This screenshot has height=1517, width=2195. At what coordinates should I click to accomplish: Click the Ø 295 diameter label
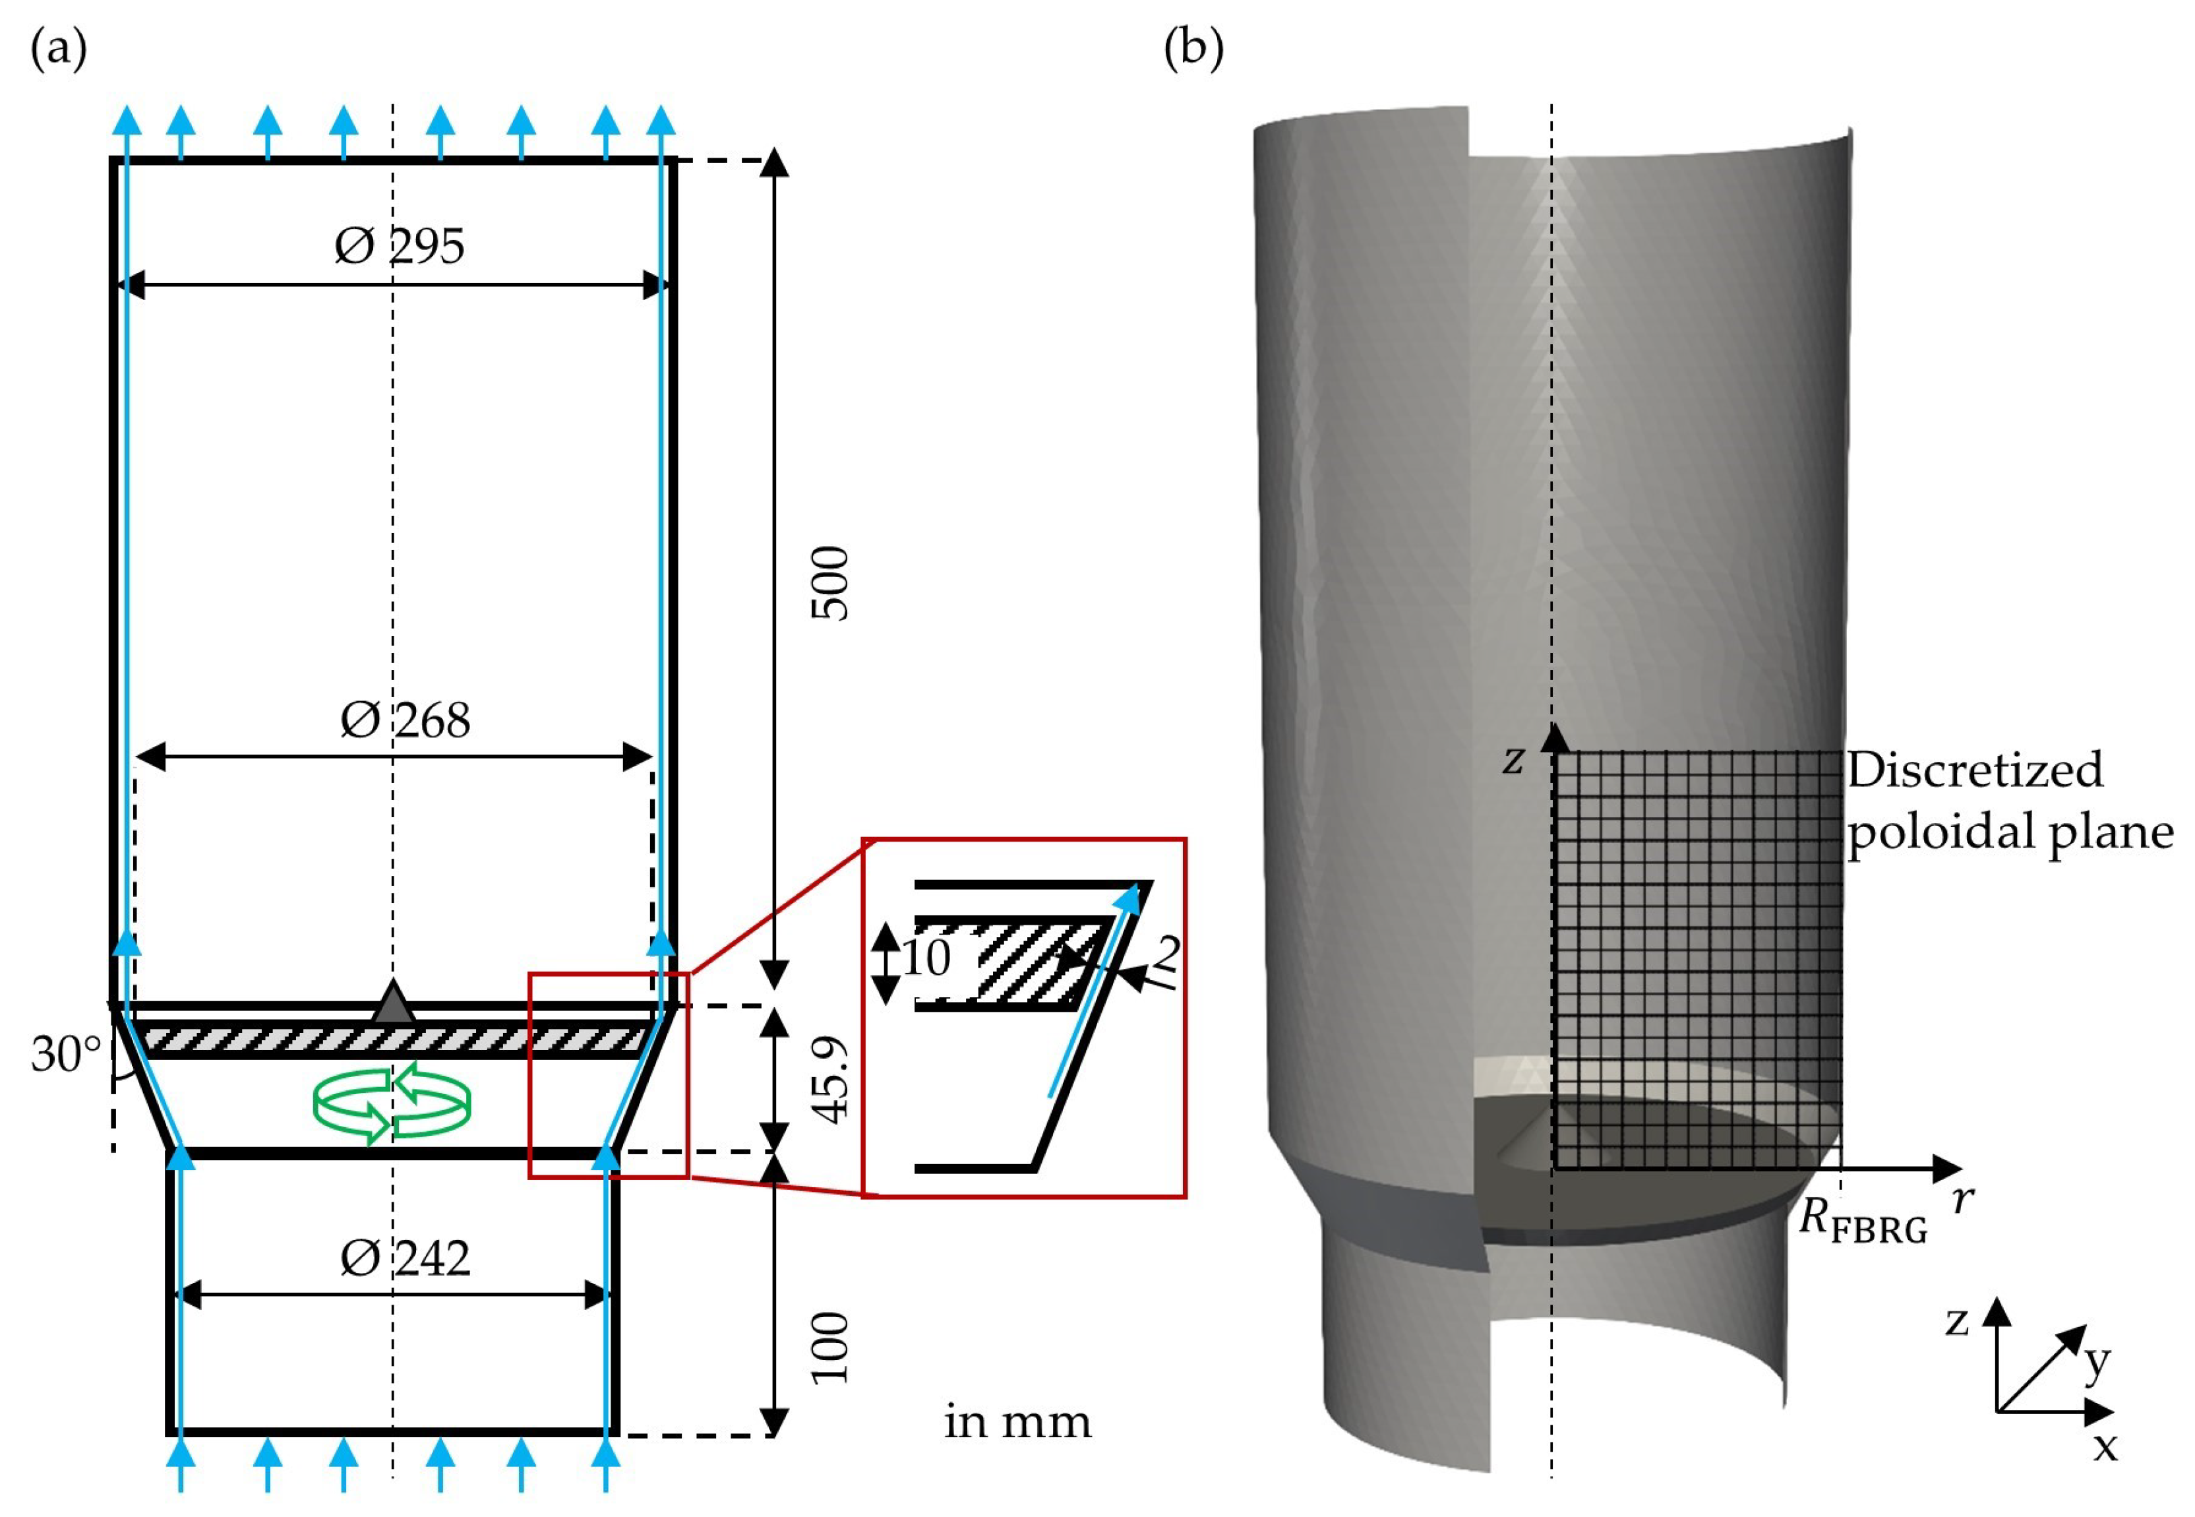[x=399, y=246]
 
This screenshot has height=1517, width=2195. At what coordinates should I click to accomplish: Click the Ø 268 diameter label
[x=405, y=720]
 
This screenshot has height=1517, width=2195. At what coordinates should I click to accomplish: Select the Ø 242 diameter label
[x=405, y=1258]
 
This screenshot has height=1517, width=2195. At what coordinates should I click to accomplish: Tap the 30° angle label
[x=65, y=1054]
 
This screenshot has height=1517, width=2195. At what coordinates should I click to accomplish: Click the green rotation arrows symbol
[x=392, y=1103]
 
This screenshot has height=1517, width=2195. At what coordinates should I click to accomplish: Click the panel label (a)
[x=59, y=48]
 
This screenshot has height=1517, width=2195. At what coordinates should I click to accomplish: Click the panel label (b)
[x=1193, y=48]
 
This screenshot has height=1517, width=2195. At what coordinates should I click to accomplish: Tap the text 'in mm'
[x=1017, y=1422]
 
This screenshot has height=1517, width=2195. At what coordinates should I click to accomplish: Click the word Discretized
[x=1975, y=769]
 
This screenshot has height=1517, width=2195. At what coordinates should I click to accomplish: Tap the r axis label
[x=1962, y=1200]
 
